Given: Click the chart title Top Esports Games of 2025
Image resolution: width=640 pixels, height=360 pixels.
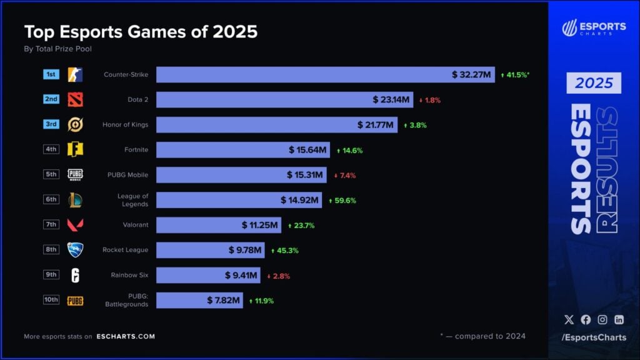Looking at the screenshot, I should [141, 31].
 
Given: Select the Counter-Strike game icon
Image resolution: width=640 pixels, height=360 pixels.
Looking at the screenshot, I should [75, 74].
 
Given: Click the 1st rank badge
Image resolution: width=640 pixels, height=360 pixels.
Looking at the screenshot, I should [51, 74].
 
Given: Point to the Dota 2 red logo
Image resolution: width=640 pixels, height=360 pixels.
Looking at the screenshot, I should [75, 99].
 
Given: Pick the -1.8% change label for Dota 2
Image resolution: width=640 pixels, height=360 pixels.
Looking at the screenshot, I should [430, 100].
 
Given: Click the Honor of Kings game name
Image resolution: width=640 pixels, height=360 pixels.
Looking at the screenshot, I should [125, 124].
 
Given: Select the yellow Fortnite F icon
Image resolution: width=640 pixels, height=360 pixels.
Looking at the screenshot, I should [75, 149].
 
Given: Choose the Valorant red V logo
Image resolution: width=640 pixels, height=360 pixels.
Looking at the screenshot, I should [75, 224].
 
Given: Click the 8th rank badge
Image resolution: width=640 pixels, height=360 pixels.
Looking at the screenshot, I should [51, 249].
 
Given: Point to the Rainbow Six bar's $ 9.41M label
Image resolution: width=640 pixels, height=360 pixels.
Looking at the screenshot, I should [241, 275].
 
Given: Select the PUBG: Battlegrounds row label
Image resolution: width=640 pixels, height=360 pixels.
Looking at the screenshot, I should [133, 300].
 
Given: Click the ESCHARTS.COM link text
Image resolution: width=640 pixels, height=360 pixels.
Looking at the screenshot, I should [126, 336].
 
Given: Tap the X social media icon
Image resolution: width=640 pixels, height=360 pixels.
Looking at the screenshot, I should [569, 319].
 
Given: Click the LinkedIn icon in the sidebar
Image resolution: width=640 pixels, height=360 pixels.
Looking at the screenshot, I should [619, 319].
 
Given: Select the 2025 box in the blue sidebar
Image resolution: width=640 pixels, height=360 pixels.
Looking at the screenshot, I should [594, 83].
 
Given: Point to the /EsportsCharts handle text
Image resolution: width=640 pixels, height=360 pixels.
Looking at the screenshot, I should [593, 337].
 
